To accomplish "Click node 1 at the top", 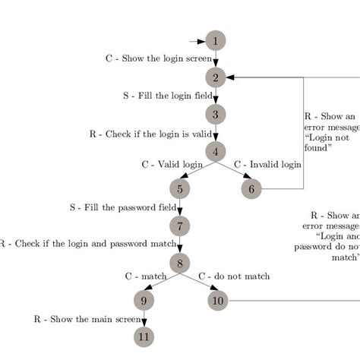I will coord(216,40).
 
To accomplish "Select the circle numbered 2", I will coord(216,77).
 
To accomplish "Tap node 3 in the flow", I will coord(216,115).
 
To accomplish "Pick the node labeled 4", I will coord(216,151).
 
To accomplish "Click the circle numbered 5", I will coord(179,188).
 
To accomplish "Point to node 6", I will coord(252,188).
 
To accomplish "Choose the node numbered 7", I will coord(179,226).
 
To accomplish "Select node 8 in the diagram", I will coord(179,264).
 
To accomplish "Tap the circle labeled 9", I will coord(144,300).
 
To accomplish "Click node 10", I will coord(219,300).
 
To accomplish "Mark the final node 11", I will coord(144,336).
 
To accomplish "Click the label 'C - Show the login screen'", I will coord(159,58).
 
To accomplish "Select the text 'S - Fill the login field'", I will coord(168,96).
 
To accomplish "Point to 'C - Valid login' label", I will coord(172,164).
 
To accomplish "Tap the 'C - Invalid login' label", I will coord(267,164).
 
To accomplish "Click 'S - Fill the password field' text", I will coord(123,207).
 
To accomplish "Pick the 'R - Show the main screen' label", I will coord(87,319).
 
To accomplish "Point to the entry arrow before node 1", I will coord(197,40).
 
